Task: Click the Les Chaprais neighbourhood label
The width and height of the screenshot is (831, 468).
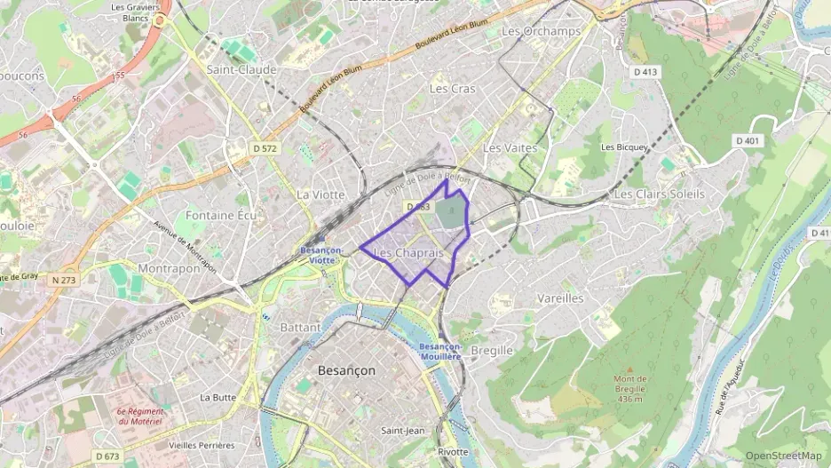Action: (x=408, y=254)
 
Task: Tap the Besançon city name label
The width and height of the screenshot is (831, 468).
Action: (x=346, y=369)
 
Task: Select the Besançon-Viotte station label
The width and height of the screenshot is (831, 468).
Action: (x=317, y=255)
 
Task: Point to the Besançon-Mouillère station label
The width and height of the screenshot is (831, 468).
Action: (x=440, y=351)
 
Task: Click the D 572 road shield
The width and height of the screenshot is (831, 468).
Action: (x=264, y=147)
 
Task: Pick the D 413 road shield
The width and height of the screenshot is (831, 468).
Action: (x=645, y=70)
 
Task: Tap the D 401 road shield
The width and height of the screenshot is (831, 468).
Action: (x=748, y=140)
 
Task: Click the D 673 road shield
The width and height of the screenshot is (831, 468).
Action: (x=106, y=456)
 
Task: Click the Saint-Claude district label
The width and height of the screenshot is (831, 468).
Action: (x=241, y=69)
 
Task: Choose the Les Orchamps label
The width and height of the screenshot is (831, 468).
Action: (x=541, y=31)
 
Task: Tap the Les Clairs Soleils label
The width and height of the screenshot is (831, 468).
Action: (x=659, y=194)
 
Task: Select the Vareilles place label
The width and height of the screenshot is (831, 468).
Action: (x=560, y=298)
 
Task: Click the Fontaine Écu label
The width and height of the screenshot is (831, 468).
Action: (x=222, y=215)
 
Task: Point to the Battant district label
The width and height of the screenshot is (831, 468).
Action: (x=300, y=328)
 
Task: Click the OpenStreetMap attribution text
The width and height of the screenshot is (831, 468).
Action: (x=783, y=456)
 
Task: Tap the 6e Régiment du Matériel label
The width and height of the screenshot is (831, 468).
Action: (x=140, y=416)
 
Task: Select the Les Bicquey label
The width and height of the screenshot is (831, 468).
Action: (x=625, y=147)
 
